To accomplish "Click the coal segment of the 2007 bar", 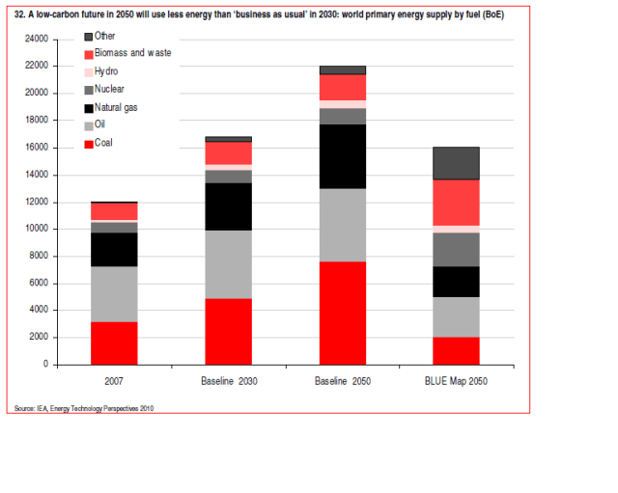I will point(114,342).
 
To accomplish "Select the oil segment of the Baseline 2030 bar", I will point(228,264).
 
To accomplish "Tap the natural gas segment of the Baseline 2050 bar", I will point(342,156).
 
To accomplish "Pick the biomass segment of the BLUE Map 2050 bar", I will point(456,203).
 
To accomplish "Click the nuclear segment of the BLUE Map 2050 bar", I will point(456,249).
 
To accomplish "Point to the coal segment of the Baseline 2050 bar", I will point(342,313).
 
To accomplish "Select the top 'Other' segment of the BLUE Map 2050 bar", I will point(456,163).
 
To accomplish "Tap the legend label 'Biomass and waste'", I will point(132,53).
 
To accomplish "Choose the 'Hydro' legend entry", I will point(106,71).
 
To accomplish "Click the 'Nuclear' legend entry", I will point(109,89).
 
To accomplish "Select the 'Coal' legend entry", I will point(104,142).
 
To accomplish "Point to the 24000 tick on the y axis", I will point(36,39).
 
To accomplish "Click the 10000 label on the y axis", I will point(36,229).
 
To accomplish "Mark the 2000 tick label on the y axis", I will point(38,338).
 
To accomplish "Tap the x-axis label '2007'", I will point(114,381).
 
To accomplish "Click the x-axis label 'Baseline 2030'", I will point(228,381).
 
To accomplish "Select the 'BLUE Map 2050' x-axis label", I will point(456,381).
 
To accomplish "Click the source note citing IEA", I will point(84,408).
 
